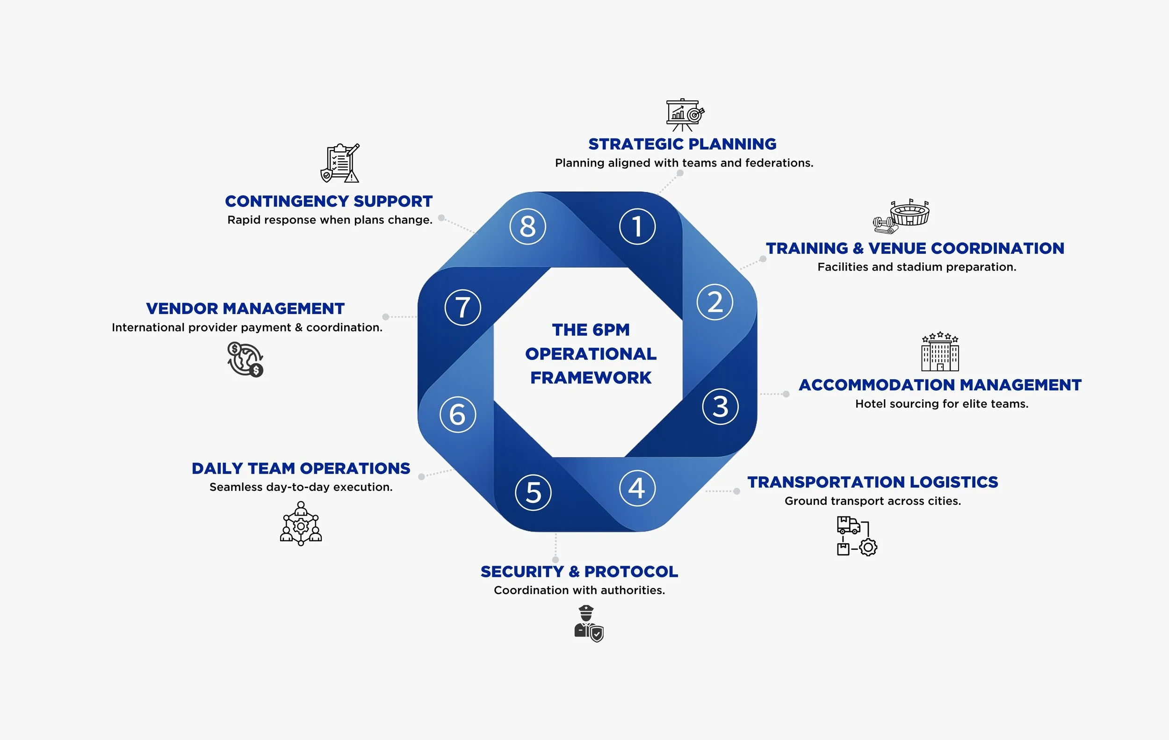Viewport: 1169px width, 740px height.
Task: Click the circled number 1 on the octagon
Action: coord(637,227)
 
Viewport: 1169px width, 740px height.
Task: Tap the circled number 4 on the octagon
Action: coord(637,488)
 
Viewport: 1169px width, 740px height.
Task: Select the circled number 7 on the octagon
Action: coord(462,307)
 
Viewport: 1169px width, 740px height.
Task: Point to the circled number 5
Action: coord(533,493)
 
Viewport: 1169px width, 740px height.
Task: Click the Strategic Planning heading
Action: coord(682,144)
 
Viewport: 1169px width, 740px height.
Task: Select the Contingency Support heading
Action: coord(329,201)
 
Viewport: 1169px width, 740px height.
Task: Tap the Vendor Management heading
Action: coord(245,309)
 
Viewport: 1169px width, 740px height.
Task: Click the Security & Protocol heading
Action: coord(579,572)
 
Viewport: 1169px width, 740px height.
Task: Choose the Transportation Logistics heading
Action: coord(873,482)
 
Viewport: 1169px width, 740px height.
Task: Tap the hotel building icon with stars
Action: coord(940,352)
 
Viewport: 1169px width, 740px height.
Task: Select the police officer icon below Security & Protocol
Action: coord(588,624)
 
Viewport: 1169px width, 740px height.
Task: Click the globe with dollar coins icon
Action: coord(245,359)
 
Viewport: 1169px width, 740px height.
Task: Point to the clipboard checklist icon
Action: coord(340,163)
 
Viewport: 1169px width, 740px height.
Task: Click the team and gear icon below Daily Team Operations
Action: coord(301,524)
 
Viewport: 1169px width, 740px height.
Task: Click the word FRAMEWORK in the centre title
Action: coord(591,378)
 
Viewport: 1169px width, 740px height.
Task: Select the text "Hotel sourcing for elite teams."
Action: coord(941,404)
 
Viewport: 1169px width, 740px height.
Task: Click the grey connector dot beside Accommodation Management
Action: coord(786,394)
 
